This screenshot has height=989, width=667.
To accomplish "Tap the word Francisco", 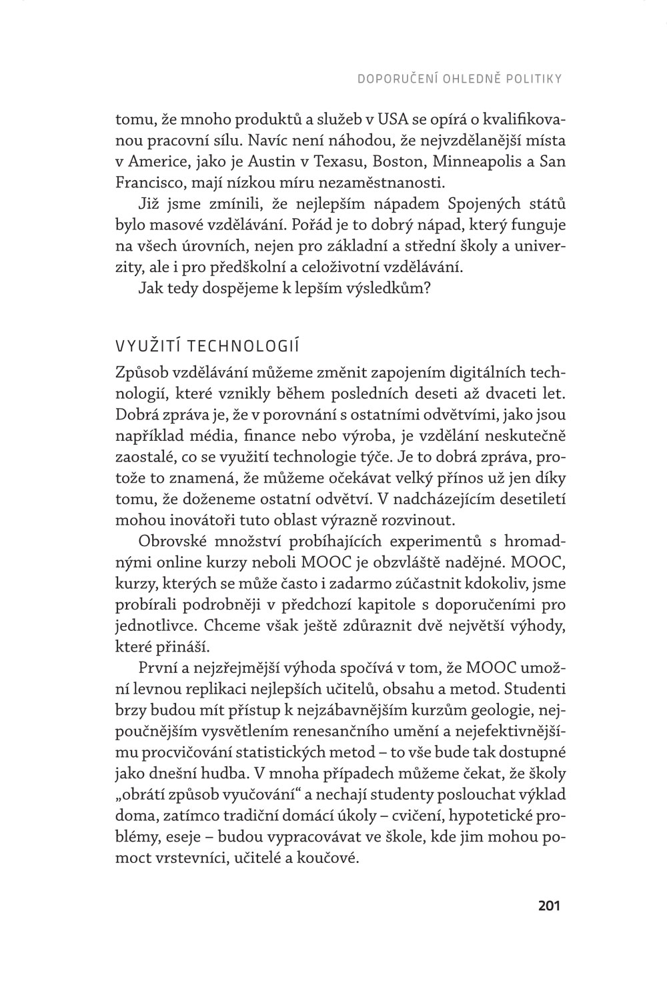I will (x=147, y=182).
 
